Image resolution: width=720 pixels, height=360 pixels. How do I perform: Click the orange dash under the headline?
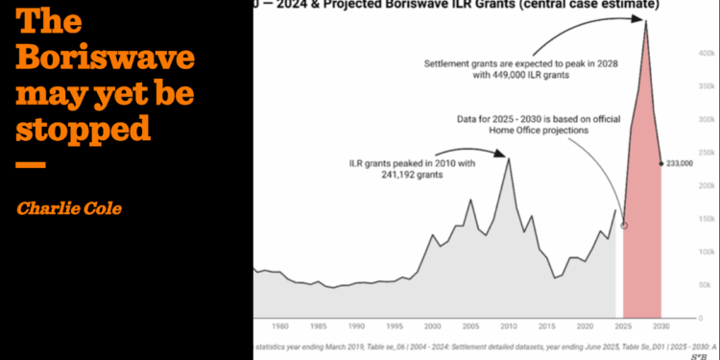click(31, 164)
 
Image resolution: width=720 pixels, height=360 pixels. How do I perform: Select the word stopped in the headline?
click(84, 130)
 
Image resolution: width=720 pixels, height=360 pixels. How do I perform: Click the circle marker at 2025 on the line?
click(624, 226)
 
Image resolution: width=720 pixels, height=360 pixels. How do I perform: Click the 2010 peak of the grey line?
click(508, 158)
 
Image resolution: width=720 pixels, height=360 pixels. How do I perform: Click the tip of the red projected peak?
click(646, 21)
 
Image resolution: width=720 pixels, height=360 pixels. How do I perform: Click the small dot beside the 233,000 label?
click(661, 163)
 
